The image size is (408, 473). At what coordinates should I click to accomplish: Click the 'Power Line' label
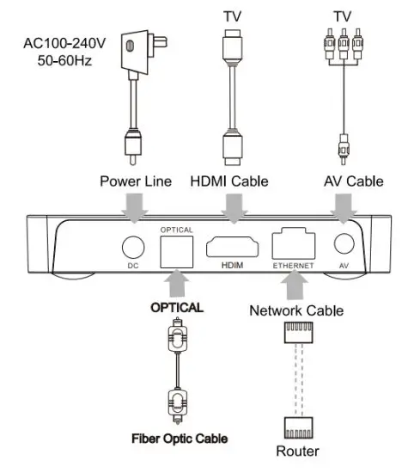pos(135,181)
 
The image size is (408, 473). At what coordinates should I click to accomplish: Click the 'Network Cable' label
pos(296,310)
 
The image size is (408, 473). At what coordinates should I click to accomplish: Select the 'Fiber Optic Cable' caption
pos(180,439)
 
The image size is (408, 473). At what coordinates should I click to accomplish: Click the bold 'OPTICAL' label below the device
pos(178,306)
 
